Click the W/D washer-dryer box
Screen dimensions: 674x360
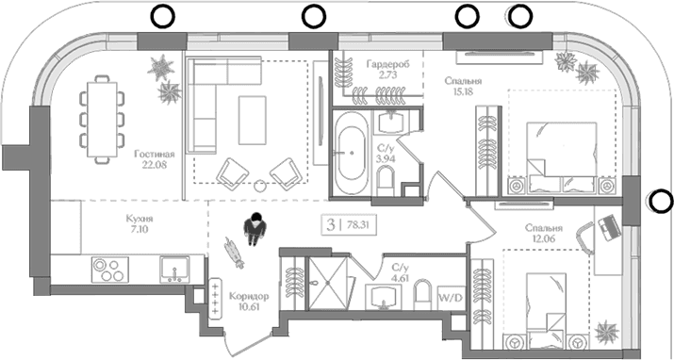[x=452, y=297]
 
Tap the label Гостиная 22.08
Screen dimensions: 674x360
[x=154, y=159]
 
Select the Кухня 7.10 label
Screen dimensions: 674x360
[x=140, y=223]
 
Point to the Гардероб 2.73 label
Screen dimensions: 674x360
[x=387, y=69]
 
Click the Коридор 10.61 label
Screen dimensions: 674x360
[x=249, y=302]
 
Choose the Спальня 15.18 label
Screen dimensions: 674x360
[x=463, y=86]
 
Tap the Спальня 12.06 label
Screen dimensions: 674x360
[x=543, y=234]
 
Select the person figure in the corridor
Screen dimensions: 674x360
[x=254, y=229]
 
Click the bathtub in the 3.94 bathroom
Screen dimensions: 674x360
[x=353, y=153]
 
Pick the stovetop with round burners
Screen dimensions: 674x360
[x=109, y=270]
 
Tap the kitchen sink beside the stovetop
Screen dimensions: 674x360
[x=174, y=270]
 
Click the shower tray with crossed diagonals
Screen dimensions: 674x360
[x=327, y=283]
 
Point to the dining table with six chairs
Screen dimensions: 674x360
[x=102, y=120]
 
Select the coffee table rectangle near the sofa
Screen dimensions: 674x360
[x=253, y=121]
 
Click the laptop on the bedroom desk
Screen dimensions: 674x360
[x=609, y=228]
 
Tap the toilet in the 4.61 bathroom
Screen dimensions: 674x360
[x=422, y=294]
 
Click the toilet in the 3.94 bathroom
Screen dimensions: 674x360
[x=386, y=180]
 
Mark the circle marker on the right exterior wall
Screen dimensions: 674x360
[x=660, y=201]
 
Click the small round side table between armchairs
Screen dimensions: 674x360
[x=260, y=186]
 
